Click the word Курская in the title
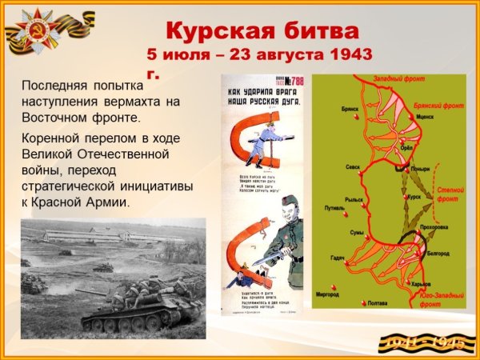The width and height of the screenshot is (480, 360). click(214, 31)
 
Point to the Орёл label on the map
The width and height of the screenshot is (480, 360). click(407, 148)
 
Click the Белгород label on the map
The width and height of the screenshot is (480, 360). click(438, 252)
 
